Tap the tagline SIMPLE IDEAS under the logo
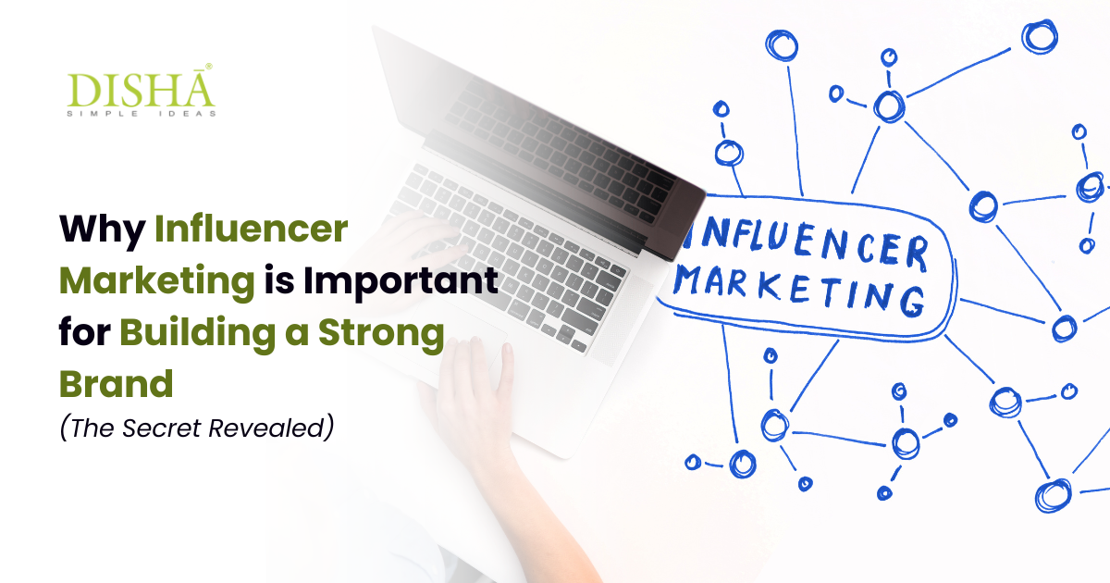click(142, 114)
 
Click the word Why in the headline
click(102, 230)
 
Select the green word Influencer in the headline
click(252, 229)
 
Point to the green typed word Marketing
click(157, 282)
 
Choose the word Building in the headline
click(197, 334)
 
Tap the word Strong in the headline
click(381, 334)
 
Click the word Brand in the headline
click(117, 384)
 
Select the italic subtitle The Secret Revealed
click(197, 428)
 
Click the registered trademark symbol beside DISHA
click(209, 67)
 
